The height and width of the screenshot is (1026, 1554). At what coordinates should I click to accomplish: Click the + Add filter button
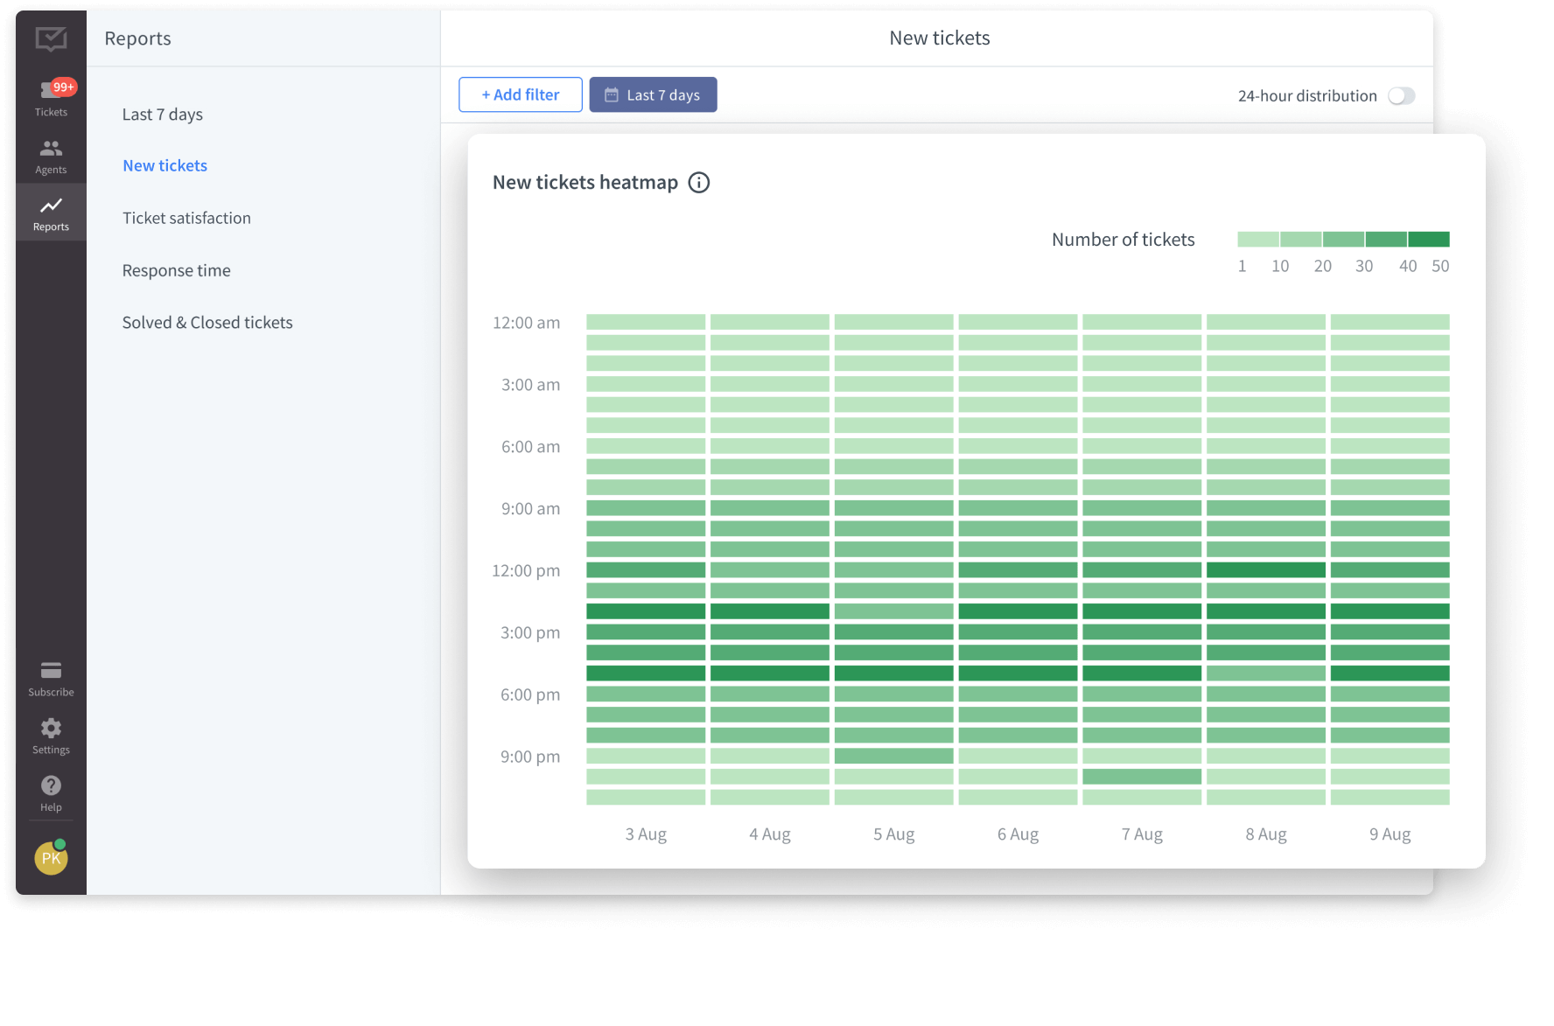(521, 94)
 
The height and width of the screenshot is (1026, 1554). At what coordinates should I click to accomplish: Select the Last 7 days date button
(653, 94)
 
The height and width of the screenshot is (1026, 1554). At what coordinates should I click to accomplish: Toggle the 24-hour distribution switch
(1401, 96)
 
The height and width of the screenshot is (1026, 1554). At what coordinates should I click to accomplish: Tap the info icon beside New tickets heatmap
(698, 183)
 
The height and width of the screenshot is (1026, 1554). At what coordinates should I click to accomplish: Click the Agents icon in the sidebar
(51, 149)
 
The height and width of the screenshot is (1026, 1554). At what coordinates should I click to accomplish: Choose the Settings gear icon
(51, 729)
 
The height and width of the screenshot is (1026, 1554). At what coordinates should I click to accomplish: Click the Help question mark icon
(51, 786)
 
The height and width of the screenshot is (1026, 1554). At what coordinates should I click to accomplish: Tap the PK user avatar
(51, 858)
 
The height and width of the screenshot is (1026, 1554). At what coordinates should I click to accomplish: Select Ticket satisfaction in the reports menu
(186, 218)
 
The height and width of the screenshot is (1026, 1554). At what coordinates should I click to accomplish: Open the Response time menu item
(176, 270)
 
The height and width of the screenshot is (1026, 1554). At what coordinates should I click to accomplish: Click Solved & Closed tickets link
(207, 323)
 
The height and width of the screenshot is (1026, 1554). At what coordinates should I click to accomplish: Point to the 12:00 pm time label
(526, 571)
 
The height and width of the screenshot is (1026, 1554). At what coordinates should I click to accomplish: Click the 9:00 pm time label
(529, 757)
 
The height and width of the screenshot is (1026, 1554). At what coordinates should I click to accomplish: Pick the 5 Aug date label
(893, 834)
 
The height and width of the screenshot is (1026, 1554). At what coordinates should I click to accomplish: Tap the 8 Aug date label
(1266, 834)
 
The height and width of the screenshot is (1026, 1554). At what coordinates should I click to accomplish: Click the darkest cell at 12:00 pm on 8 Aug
(1265, 570)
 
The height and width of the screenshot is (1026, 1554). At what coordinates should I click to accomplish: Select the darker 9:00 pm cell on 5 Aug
(893, 756)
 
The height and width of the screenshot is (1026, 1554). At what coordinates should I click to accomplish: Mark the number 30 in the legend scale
(1363, 266)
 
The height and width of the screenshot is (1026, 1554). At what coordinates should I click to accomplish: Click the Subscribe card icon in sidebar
(51, 671)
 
